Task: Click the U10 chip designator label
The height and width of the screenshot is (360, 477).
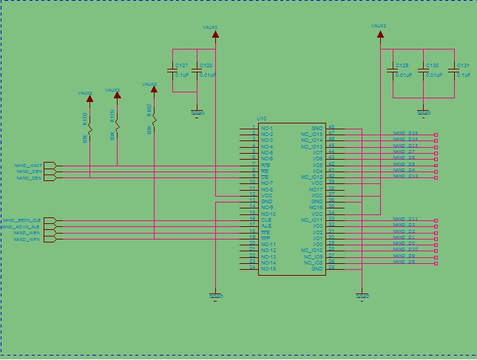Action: click(261, 118)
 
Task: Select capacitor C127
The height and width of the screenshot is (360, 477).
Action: click(173, 71)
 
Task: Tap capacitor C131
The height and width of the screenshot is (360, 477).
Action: click(456, 71)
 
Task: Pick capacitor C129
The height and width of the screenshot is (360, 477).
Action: click(393, 71)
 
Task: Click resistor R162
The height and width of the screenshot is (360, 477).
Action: click(154, 118)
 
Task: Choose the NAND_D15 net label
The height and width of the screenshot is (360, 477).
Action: click(405, 133)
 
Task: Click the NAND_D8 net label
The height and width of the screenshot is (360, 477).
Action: click(403, 262)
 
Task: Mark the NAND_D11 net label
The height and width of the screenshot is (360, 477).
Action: click(405, 219)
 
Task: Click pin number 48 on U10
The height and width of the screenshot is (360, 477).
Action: click(331, 127)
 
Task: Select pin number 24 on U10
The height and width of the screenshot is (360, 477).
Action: click(252, 268)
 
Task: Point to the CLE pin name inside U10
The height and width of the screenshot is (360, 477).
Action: click(265, 220)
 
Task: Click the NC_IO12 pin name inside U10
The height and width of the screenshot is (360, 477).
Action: click(312, 177)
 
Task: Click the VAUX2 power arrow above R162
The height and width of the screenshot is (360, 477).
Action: click(154, 89)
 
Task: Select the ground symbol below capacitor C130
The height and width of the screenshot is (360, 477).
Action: click(424, 112)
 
